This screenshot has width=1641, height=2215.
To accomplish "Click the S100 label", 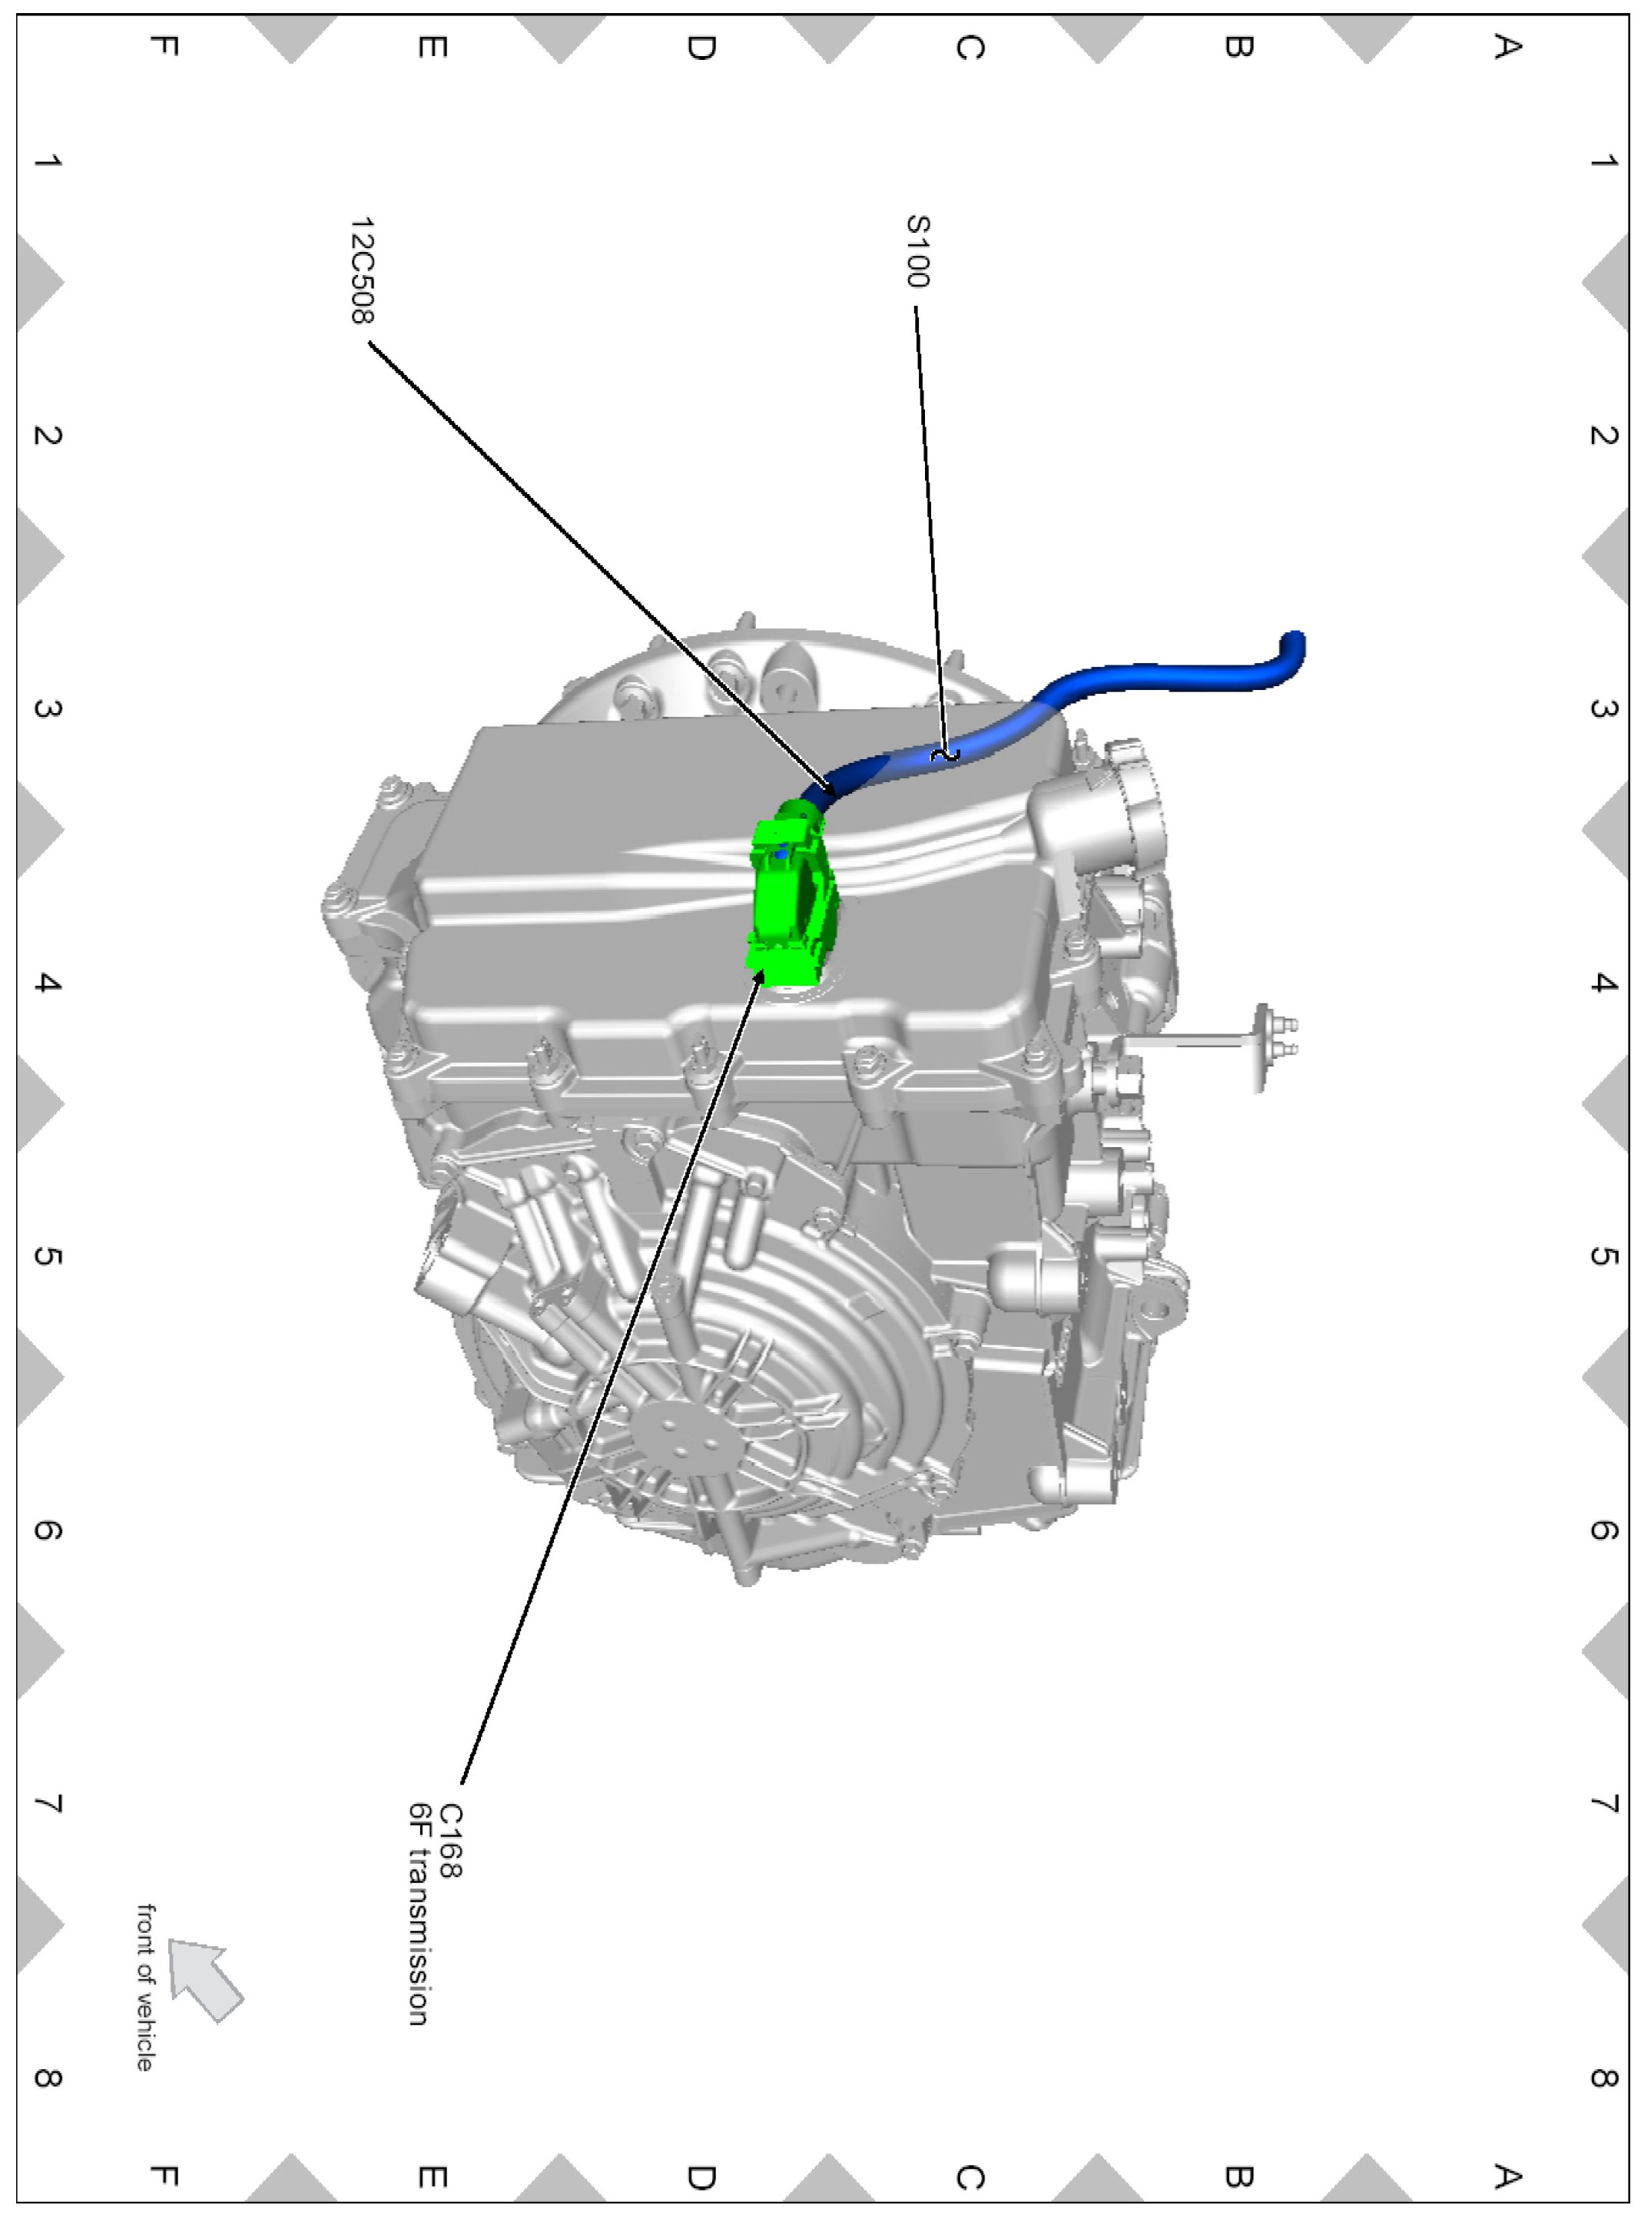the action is pyautogui.click(x=919, y=251).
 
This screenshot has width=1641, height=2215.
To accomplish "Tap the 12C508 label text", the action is pyautogui.click(x=363, y=271).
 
